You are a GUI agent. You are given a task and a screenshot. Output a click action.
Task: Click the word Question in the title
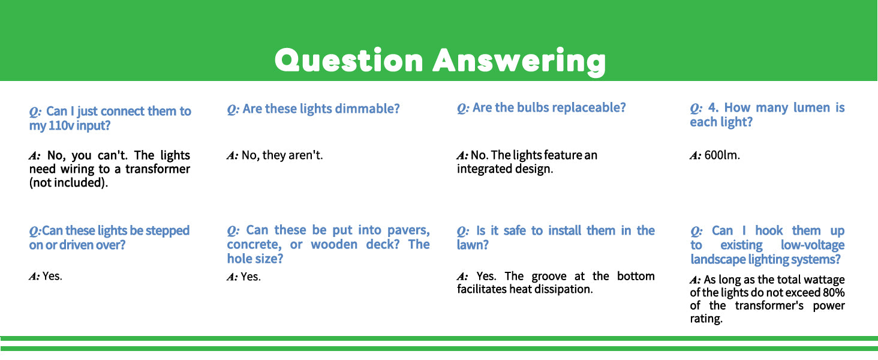349,61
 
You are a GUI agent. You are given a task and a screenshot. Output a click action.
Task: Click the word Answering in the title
519,62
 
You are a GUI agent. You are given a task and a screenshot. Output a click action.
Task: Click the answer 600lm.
722,155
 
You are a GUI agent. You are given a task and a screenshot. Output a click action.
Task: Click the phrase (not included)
68,183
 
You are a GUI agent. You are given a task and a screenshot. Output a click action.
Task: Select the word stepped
167,230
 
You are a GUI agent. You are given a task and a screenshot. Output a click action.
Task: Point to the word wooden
334,244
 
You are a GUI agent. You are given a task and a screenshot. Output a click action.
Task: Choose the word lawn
473,245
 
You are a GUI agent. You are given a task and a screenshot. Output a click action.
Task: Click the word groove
549,276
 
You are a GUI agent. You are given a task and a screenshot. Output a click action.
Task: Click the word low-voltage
813,245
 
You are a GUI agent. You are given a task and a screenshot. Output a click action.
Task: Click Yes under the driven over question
52,276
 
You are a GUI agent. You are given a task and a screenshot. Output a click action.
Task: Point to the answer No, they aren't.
282,155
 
